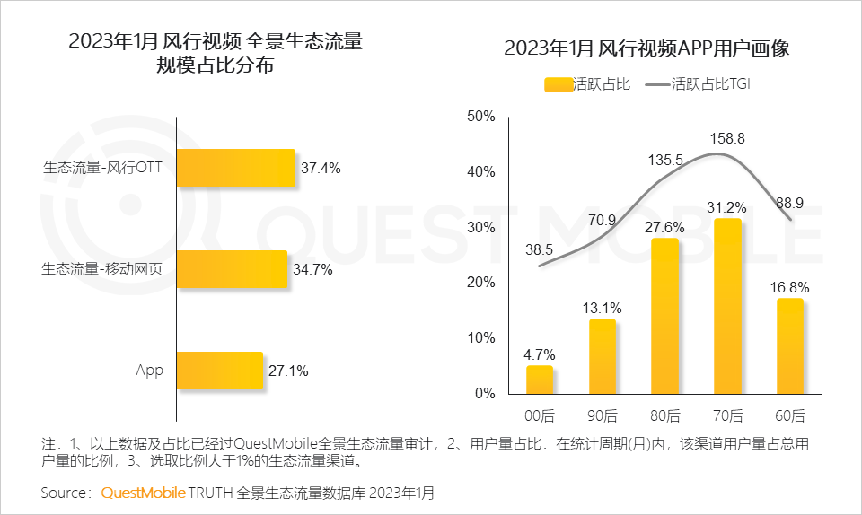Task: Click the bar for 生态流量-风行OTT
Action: coord(236,168)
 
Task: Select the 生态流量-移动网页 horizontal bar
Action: coord(232,269)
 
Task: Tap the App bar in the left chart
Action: coord(220,371)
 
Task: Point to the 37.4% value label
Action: coord(321,168)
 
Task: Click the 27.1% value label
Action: coord(288,371)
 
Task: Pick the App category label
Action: coord(150,371)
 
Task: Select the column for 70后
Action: coord(727,306)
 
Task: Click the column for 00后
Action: coord(540,380)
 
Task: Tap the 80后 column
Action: coord(665,316)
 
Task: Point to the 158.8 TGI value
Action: coord(727,139)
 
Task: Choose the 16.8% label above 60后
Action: coord(791,287)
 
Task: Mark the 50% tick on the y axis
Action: coord(480,116)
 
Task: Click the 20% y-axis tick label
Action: coord(480,283)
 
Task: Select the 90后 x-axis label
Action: coord(603,415)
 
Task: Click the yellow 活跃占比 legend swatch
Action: coord(558,84)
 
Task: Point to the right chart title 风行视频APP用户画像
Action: coord(646,48)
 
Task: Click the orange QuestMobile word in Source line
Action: coord(143,493)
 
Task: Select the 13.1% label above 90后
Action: coord(603,308)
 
